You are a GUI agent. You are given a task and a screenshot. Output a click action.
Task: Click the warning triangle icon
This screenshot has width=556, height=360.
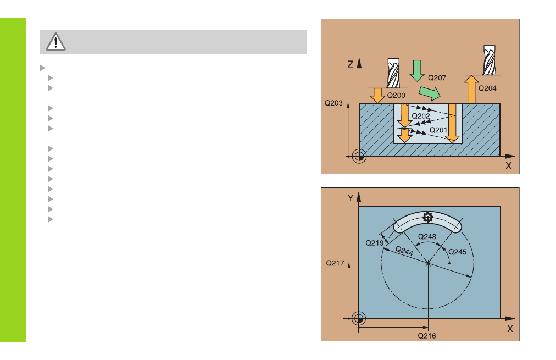point(55,42)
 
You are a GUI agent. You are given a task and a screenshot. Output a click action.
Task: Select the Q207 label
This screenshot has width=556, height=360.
point(437,77)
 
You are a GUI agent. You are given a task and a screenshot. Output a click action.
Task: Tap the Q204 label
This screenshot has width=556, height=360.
point(487,88)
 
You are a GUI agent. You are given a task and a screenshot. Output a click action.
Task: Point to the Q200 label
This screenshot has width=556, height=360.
point(396,95)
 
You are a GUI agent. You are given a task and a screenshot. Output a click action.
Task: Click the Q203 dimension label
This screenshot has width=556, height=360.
point(333,103)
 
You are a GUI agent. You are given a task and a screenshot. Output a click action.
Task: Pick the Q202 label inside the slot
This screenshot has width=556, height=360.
point(420,116)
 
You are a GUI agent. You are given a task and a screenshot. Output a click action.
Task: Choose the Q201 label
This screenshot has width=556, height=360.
point(438,130)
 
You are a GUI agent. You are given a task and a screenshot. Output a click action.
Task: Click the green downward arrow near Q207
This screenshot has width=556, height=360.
point(417,70)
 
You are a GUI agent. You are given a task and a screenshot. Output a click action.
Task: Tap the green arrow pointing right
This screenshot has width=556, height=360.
point(430,93)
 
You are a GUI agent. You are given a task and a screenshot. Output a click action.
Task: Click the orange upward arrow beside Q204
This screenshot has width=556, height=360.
point(471,89)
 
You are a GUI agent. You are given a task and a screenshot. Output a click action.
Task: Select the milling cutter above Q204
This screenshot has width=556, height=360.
point(490,60)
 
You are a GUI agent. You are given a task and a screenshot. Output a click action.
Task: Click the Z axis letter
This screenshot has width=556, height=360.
point(351,64)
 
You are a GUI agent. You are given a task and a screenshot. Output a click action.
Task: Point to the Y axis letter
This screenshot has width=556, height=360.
point(351,198)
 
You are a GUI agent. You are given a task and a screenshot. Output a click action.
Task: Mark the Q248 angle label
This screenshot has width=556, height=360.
point(427,236)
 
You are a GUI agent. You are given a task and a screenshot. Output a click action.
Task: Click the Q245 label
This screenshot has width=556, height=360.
point(458,252)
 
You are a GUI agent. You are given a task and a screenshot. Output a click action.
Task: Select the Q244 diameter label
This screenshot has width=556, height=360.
point(404,251)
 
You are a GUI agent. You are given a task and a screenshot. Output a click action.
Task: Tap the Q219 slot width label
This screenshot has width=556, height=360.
point(375,243)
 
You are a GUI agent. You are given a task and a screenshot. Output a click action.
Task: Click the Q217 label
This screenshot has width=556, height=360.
point(335,263)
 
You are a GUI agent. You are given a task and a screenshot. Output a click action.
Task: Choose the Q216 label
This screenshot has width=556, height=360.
point(426,336)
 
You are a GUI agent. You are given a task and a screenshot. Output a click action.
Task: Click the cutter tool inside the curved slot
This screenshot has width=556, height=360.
point(427,217)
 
